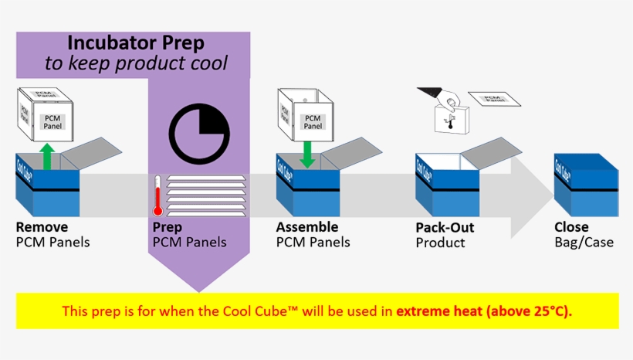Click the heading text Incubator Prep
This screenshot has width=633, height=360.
[x=136, y=42]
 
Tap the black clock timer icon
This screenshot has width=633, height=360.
[x=199, y=135]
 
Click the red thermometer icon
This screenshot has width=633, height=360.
[x=157, y=195]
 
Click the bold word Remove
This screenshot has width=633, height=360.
[x=42, y=227]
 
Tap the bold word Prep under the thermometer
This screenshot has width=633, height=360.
[x=168, y=227]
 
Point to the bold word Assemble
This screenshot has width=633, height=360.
[x=307, y=227]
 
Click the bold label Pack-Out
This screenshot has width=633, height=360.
[x=445, y=228]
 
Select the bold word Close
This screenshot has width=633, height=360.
[x=571, y=227]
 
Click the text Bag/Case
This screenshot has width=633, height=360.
[x=584, y=242]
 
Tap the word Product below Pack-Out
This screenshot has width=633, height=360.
[x=440, y=243]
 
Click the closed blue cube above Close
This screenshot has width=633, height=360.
[x=586, y=184]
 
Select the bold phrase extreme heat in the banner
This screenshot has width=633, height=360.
[x=445, y=311]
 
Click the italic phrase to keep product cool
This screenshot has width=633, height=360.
[x=136, y=63]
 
